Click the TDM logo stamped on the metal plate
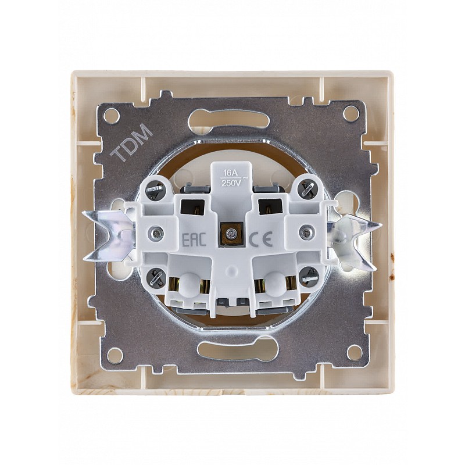coord(131,144)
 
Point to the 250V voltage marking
coord(231,183)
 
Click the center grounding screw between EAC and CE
coord(229,234)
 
